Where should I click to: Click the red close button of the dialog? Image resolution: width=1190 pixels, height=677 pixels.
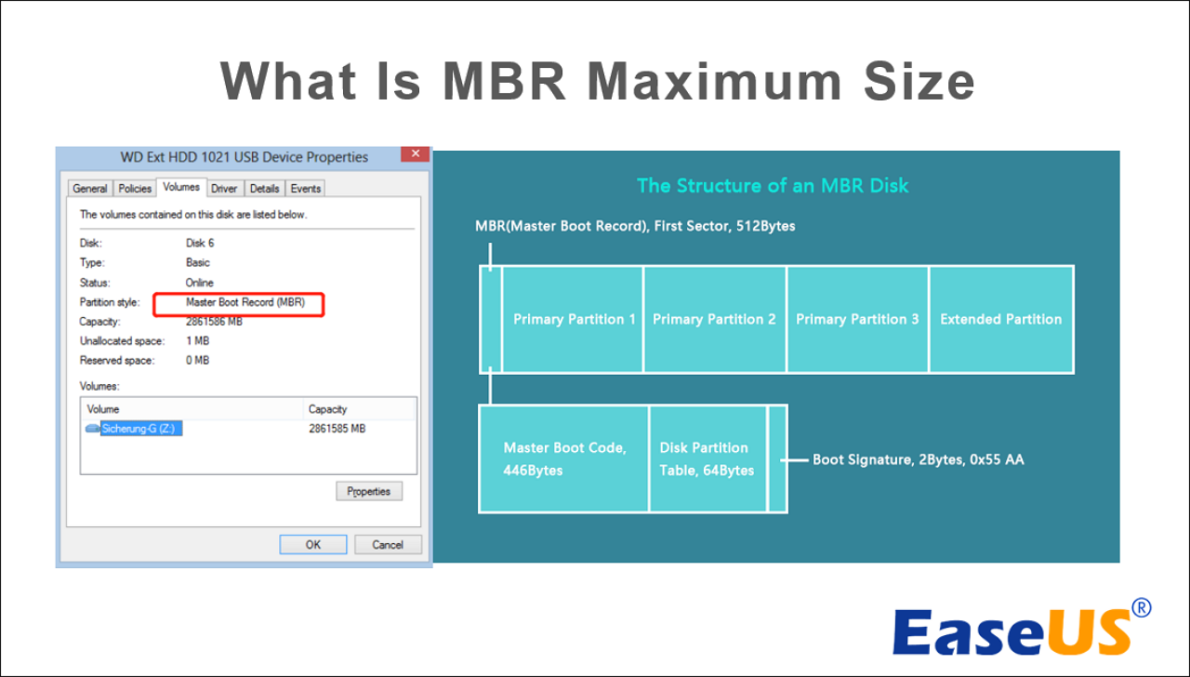coord(415,153)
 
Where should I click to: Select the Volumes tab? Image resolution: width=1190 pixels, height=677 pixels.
coord(181,187)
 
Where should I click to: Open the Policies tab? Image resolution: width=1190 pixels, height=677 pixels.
coord(135,188)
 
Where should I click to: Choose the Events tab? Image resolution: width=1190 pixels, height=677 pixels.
coord(306,188)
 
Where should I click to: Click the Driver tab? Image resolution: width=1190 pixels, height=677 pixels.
coord(224,188)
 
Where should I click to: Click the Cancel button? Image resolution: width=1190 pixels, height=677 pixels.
coord(388,545)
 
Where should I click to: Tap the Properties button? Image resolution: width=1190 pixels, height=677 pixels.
coord(369,491)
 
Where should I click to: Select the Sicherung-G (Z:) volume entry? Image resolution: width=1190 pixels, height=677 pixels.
coord(138,429)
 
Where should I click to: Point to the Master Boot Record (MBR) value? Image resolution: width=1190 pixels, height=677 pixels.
coord(245,302)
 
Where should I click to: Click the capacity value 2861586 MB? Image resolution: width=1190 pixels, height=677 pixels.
coord(214,322)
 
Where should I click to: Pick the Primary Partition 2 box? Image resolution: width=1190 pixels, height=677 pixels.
coord(715,319)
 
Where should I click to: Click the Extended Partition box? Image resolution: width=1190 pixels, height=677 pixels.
coord(1001,319)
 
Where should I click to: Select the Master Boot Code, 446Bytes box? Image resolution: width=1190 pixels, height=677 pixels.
coord(563,458)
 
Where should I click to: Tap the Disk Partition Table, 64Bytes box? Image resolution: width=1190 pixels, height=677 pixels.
coord(707,458)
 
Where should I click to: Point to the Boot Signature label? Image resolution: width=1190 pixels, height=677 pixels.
coord(918,459)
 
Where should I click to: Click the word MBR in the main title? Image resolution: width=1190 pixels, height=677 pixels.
coord(504,81)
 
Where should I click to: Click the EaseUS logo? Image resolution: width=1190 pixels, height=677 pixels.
coord(1021,629)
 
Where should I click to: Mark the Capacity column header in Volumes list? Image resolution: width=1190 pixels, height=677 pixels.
coord(327,409)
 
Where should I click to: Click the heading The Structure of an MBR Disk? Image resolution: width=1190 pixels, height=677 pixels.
coord(773,185)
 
